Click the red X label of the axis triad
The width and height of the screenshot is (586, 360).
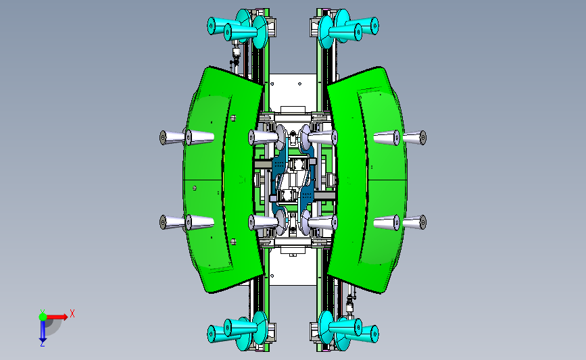(72, 313)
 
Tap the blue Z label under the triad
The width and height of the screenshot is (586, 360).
(42, 344)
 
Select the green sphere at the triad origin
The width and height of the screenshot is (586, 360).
(43, 317)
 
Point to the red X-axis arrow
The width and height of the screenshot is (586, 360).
(57, 317)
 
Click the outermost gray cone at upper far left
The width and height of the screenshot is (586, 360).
(172, 137)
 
